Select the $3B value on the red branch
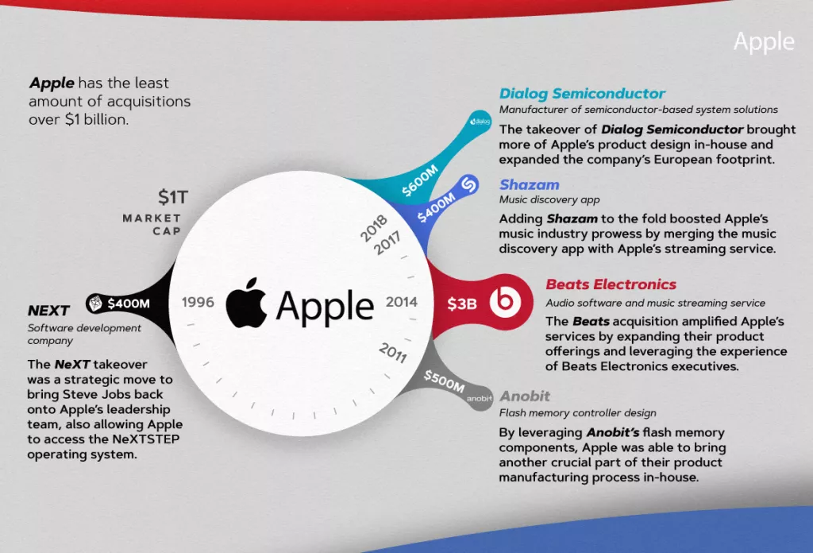[462, 304]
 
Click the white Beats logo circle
[505, 300]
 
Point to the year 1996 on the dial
[198, 302]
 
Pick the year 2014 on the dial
[402, 302]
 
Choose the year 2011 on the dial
[392, 352]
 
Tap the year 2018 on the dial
[374, 228]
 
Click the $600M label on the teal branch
[420, 180]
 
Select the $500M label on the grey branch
[444, 381]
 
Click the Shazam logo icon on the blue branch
[468, 184]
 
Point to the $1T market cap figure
[173, 197]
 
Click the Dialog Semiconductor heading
[582, 94]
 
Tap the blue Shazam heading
[530, 184]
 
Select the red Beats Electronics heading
[611, 284]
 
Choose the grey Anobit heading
[525, 396]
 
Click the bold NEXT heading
[48, 310]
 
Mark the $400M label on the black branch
[129, 303]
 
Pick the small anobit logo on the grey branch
[479, 398]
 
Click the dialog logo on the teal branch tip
[480, 122]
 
